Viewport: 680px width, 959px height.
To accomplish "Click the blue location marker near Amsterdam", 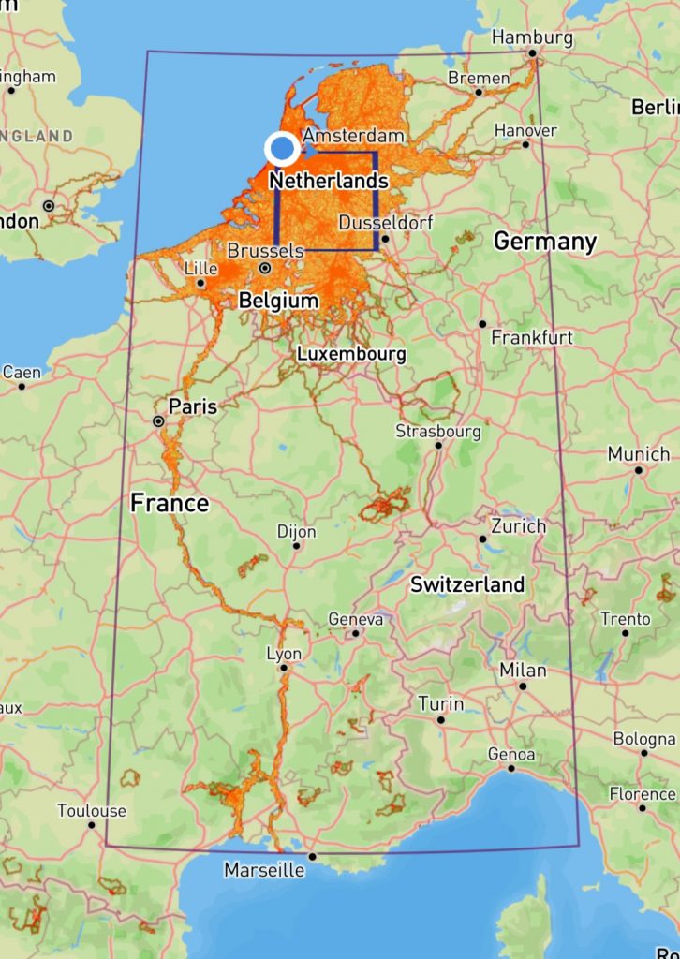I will pyautogui.click(x=282, y=149).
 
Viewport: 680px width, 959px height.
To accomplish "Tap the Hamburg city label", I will pyautogui.click(x=532, y=37).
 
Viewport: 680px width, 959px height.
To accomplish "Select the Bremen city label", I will pyautogui.click(x=479, y=78).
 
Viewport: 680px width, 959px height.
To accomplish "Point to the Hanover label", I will pyautogui.click(x=525, y=130).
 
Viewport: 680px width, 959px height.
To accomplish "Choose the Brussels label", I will pyautogui.click(x=265, y=251).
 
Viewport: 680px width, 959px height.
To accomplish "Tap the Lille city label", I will pyautogui.click(x=201, y=268).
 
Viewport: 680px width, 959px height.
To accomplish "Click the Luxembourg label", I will pyautogui.click(x=351, y=354).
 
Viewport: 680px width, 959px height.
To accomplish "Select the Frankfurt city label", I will pyautogui.click(x=532, y=336).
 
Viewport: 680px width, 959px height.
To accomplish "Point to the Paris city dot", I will pyautogui.click(x=158, y=421).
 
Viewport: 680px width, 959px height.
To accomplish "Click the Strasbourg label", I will pyautogui.click(x=437, y=431).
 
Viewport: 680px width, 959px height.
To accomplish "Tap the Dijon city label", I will pyautogui.click(x=296, y=531).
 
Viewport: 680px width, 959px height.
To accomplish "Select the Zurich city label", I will pyautogui.click(x=518, y=525).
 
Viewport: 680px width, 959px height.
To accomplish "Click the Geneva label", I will pyautogui.click(x=356, y=619).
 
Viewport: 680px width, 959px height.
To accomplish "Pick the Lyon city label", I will pyautogui.click(x=284, y=654).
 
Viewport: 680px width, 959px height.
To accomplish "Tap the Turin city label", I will pyautogui.click(x=440, y=703).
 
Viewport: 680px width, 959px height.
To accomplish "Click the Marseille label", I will pyautogui.click(x=264, y=870).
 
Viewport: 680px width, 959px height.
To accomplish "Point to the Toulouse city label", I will pyautogui.click(x=91, y=810).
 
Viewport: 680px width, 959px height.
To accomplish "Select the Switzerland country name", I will pyautogui.click(x=467, y=584).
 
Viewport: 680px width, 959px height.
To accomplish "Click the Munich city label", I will pyautogui.click(x=638, y=453).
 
